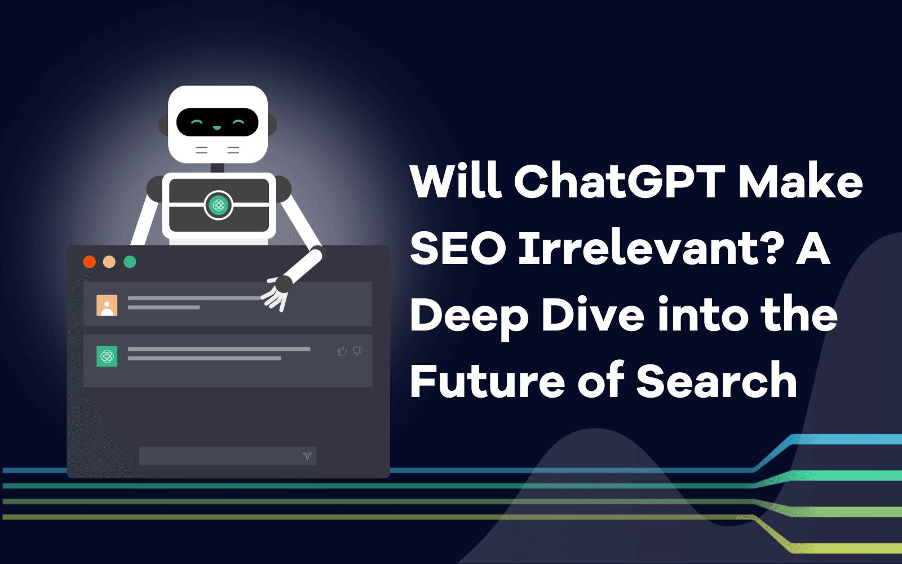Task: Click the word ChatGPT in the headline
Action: click(x=619, y=182)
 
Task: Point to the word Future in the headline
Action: click(x=487, y=381)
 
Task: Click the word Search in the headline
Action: click(x=717, y=381)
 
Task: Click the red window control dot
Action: click(x=90, y=262)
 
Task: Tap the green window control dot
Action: click(x=130, y=262)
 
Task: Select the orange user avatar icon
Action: click(x=107, y=305)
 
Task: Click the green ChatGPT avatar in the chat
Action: click(x=107, y=356)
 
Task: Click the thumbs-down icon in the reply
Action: click(x=357, y=351)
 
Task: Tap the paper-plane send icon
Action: click(x=307, y=456)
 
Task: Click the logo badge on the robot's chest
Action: click(x=219, y=205)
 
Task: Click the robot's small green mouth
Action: click(x=217, y=128)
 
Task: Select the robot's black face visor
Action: click(x=218, y=122)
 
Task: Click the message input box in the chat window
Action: click(x=220, y=456)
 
